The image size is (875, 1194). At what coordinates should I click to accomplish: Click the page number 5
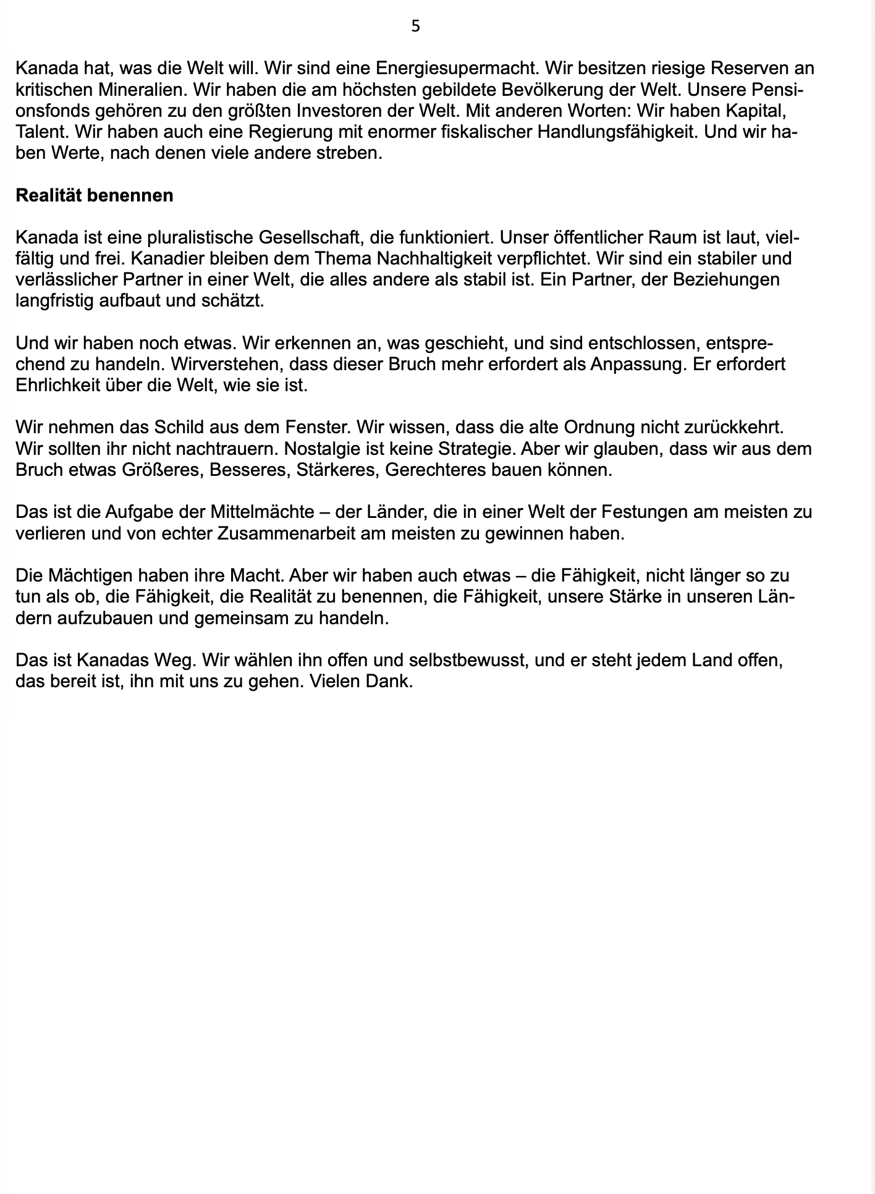[416, 26]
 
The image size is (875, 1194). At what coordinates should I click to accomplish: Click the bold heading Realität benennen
[94, 195]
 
